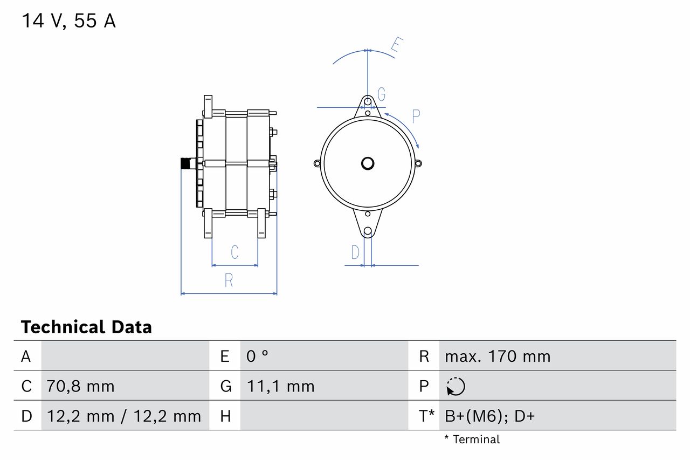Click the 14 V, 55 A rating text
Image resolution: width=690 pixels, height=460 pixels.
tap(68, 21)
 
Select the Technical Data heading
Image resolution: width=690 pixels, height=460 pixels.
tap(86, 327)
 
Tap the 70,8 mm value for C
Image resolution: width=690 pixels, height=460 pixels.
tap(80, 386)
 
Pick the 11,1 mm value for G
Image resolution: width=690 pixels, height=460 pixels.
tap(280, 386)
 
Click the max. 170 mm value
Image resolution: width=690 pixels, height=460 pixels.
tap(498, 356)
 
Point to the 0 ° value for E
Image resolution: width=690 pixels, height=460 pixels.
tap(257, 356)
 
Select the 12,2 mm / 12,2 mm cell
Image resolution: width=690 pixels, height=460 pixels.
tap(124, 416)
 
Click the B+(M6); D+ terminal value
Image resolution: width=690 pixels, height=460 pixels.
tap(489, 416)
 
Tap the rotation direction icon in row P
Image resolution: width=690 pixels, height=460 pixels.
tap(456, 386)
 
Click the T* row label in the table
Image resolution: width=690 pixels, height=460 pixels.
tap(426, 416)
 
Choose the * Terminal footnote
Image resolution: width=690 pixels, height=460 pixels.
tap(472, 440)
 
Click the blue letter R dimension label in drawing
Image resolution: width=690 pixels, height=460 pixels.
tap(229, 280)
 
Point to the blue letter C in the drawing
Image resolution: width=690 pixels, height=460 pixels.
tap(234, 252)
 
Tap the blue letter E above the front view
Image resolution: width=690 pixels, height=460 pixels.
tap(397, 45)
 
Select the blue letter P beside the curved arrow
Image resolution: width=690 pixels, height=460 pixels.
tap(416, 115)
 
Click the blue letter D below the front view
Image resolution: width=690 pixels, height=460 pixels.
tap(355, 252)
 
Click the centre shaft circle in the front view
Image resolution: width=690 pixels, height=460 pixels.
tap(368, 163)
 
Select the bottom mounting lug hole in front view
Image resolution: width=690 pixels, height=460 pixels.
tap(368, 231)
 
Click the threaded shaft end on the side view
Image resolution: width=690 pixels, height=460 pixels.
tap(186, 163)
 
